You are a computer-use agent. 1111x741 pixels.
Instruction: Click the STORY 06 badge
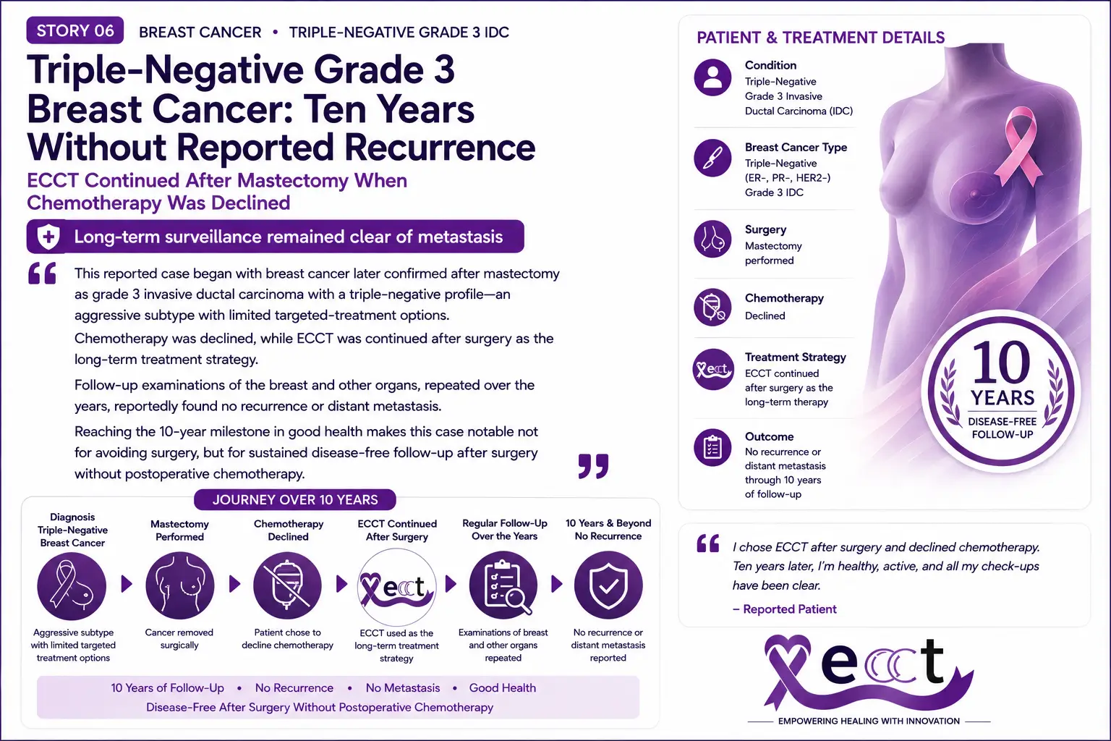click(75, 31)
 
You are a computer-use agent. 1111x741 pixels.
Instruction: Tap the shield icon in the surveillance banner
click(48, 236)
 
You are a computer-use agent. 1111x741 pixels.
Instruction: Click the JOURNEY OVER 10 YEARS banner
click(295, 500)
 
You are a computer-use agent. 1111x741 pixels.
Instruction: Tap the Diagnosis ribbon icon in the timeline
click(72, 586)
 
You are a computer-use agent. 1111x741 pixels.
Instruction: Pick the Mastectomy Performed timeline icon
click(180, 585)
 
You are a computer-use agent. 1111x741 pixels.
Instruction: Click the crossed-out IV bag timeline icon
click(288, 585)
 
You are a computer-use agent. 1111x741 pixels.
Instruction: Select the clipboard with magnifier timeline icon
click(503, 585)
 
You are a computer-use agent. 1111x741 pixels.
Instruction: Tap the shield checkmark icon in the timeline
click(608, 585)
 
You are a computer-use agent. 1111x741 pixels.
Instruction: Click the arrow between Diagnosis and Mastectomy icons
click(127, 584)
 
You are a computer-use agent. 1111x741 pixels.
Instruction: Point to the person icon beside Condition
click(712, 77)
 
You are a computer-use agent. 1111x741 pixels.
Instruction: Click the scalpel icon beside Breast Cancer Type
click(712, 158)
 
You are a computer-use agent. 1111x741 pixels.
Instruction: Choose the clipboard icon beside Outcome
click(712, 447)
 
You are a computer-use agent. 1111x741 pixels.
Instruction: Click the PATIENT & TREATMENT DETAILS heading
click(821, 38)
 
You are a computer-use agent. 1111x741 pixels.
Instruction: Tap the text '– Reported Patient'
click(785, 609)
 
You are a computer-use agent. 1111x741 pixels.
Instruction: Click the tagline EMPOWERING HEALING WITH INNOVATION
click(869, 721)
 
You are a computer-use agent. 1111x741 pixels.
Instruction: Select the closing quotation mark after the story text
click(593, 466)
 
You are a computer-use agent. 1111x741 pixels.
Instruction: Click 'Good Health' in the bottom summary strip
click(503, 688)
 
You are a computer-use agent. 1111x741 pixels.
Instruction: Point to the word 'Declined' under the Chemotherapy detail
click(765, 316)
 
